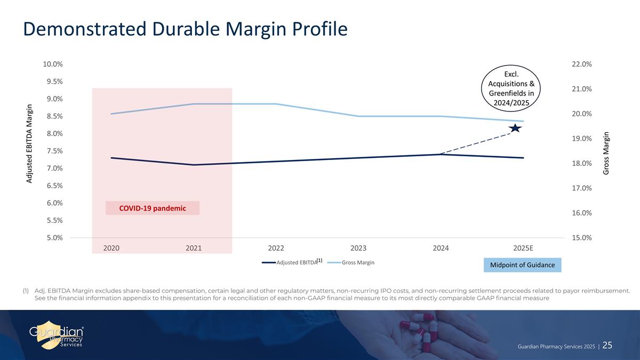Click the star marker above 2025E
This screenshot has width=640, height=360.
point(515,128)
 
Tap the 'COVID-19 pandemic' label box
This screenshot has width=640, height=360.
point(153,208)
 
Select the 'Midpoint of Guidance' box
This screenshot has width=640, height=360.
point(522,265)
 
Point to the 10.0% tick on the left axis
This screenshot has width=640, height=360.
point(53,64)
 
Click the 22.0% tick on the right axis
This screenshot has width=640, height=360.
point(581,64)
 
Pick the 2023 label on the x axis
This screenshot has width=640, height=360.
point(358,248)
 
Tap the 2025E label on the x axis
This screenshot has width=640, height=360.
point(523,248)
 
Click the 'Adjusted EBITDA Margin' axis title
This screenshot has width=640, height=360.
point(30,143)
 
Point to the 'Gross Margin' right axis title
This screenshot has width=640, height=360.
point(606,154)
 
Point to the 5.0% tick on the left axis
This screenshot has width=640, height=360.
point(53,238)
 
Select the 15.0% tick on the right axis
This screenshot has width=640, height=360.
point(581,238)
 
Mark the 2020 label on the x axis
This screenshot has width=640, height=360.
point(111,248)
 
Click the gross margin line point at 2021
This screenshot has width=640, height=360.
point(194,104)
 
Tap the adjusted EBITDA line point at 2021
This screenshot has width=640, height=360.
point(194,165)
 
